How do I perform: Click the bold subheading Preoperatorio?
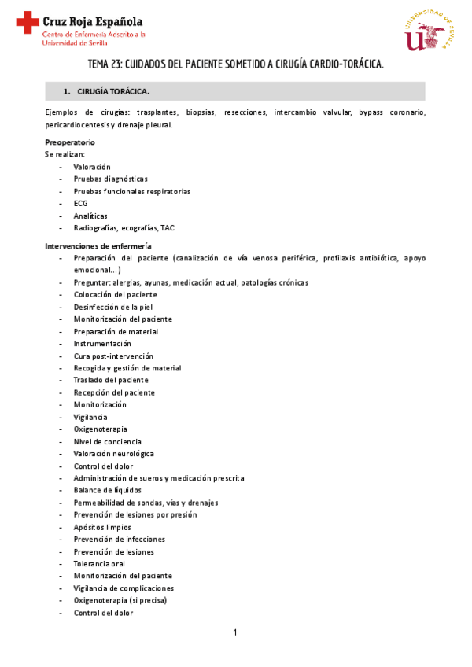70,142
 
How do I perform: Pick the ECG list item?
80,203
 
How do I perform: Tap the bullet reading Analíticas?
90,216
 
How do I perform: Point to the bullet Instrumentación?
103,344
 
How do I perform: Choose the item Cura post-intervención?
113,356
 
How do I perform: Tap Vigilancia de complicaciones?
124,588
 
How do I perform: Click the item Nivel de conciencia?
106,441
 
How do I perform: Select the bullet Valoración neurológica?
113,454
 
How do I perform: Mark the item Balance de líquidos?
108,490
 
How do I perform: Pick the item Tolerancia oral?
99,564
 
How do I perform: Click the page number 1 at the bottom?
234,632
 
